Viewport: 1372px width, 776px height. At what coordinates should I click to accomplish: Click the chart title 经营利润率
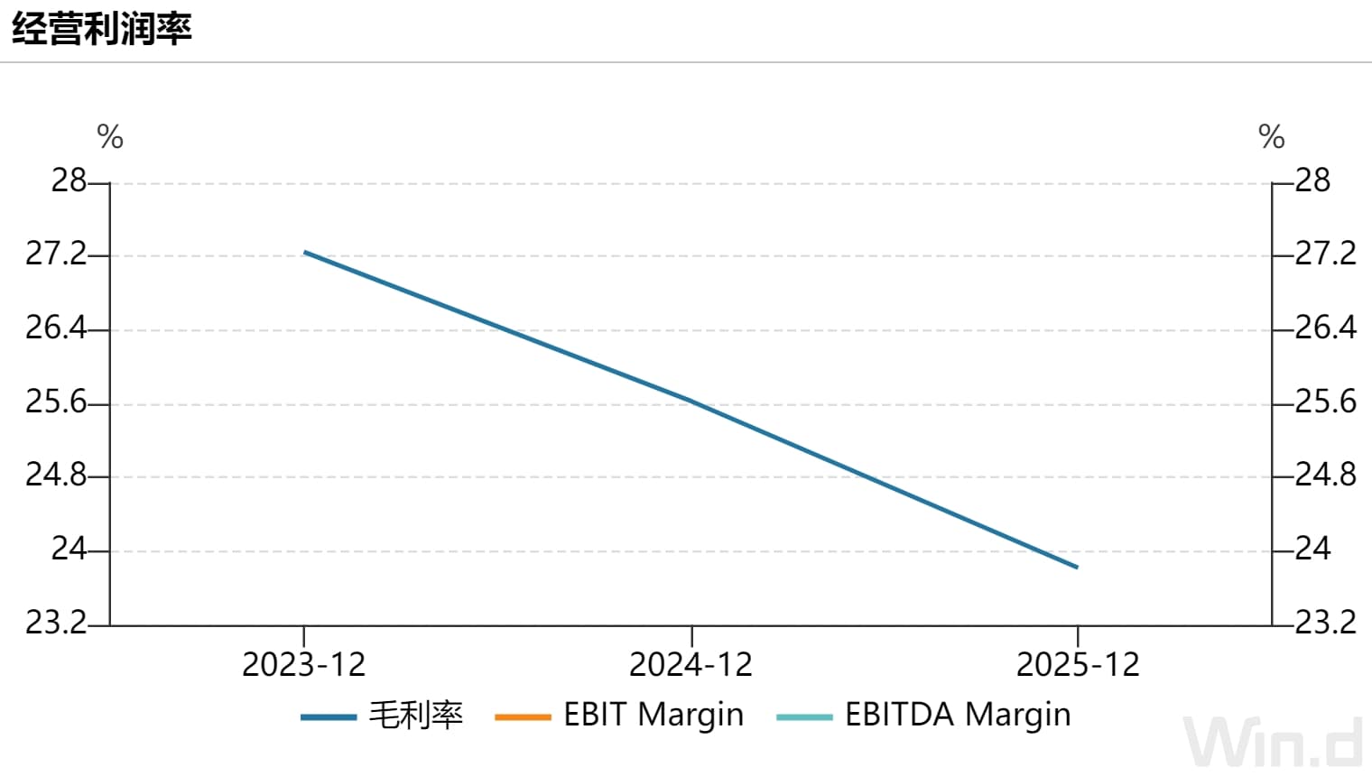pos(102,28)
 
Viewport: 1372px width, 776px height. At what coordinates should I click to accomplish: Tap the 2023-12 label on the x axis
pos(304,664)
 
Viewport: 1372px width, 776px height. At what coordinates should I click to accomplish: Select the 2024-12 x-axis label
pos(691,664)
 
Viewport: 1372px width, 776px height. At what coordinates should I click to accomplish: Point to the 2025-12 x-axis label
pos(1078,664)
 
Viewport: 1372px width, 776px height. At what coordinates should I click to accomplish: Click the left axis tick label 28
pos(69,180)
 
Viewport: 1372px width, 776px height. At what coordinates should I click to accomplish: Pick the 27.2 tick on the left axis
pos(56,254)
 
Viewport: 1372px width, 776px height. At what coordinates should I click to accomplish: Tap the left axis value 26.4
pos(56,328)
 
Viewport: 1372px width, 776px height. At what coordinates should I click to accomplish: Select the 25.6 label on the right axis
pos(1326,402)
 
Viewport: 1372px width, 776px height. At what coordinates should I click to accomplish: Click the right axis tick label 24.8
pos(1326,475)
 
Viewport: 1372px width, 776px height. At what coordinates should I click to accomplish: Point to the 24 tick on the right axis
pos(1313,549)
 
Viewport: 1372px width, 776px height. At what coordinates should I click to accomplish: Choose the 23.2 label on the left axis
pos(56,623)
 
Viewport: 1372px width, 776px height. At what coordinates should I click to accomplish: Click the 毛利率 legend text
pos(416,715)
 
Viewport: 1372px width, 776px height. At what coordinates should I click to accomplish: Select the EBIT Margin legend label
pos(654,715)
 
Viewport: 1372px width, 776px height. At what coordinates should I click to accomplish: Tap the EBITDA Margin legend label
pos(958,715)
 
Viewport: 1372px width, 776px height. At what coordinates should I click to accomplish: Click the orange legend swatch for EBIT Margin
pos(524,717)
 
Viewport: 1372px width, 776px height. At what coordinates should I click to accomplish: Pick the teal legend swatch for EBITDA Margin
pos(805,717)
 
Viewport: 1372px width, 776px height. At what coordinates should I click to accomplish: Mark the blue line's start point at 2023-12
pos(304,253)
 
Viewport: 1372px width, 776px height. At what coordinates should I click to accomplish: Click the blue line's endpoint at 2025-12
pos(1078,568)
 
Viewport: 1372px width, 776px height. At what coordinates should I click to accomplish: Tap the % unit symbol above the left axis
pos(110,136)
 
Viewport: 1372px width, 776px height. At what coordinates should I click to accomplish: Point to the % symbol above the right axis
pos(1272,136)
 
